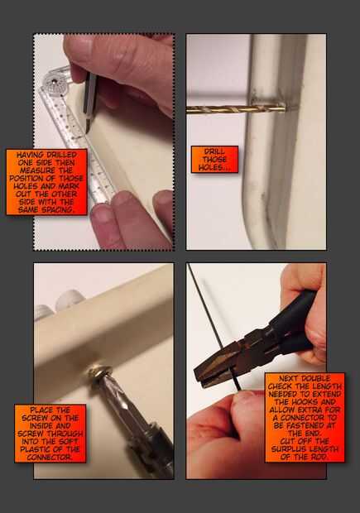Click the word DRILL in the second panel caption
click(x=214, y=151)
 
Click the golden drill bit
click(x=236, y=109)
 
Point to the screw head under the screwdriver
click(x=100, y=372)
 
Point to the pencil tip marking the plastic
click(x=88, y=130)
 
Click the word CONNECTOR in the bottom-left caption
click(x=50, y=458)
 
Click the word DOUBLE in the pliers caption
click(x=312, y=378)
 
